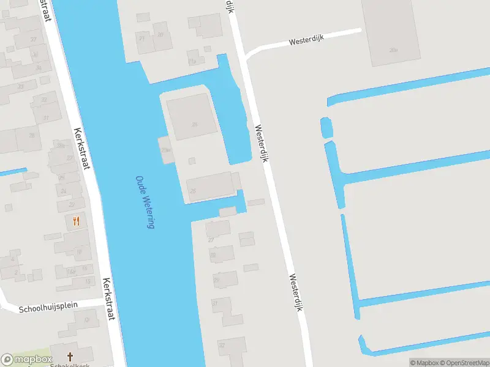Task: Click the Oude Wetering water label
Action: (145, 202)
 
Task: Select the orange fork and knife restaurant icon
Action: (76, 221)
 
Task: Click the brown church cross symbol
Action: (70, 357)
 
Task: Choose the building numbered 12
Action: (86, 320)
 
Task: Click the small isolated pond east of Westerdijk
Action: (326, 128)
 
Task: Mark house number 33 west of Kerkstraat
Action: (20, 86)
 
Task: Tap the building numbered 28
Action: (32, 136)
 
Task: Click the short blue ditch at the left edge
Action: (12, 172)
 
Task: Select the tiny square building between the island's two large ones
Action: (192, 161)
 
